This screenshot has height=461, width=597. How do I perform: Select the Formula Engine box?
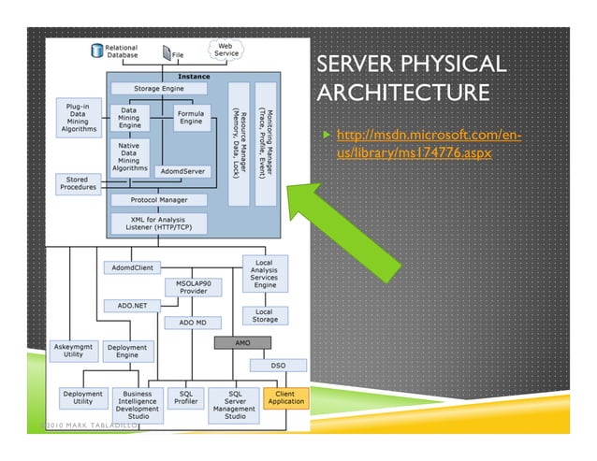pyautogui.click(x=190, y=117)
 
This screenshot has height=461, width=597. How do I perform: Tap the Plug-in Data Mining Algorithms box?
pyautogui.click(x=78, y=117)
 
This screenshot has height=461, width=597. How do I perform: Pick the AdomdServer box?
pyautogui.click(x=181, y=172)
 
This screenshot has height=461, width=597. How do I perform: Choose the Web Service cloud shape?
pyautogui.click(x=226, y=49)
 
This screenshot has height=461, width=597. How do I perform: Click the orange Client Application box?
pyautogui.click(x=285, y=398)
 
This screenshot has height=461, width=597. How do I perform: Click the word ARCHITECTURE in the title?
pyautogui.click(x=402, y=94)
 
